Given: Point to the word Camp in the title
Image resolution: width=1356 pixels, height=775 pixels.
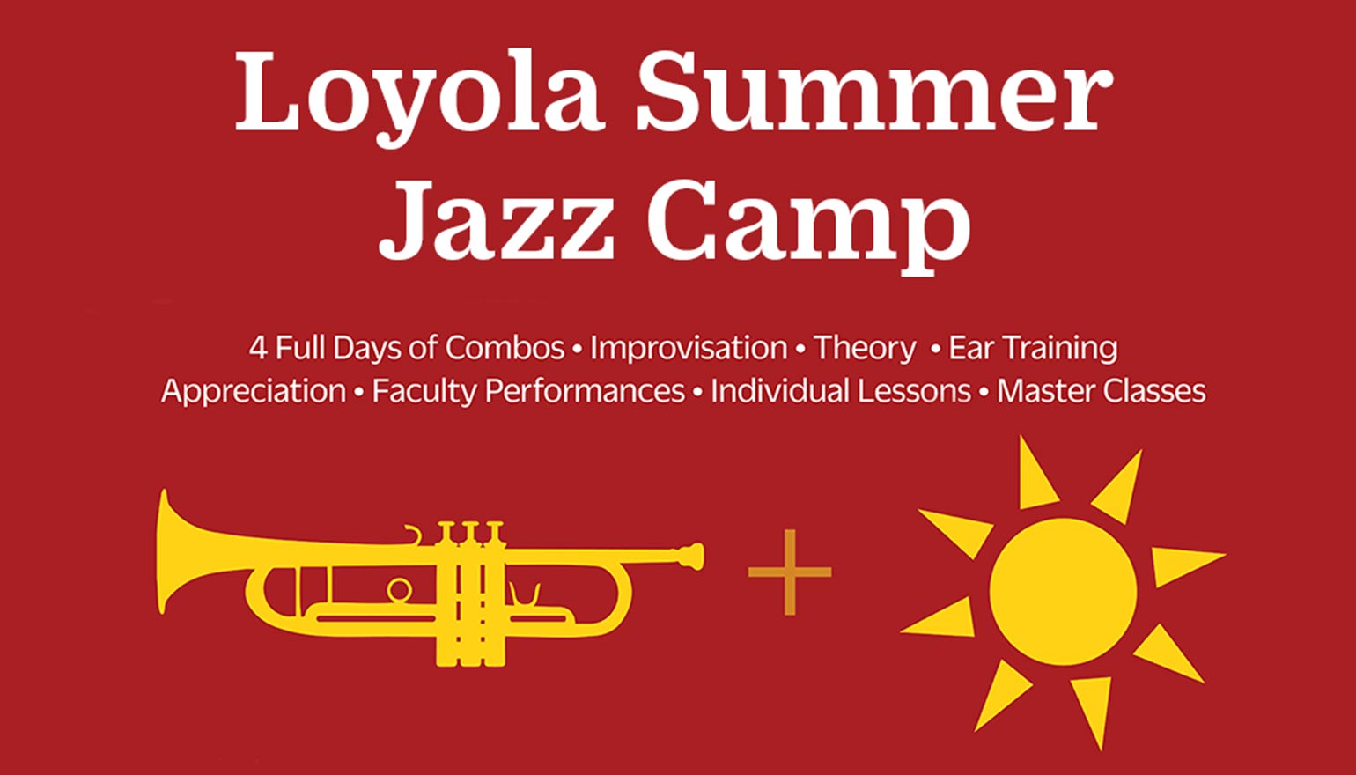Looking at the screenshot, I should point(809,220).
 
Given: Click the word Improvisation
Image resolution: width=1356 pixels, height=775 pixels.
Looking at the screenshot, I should point(689,348).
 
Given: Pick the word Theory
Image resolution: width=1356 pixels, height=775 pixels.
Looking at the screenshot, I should point(864,348).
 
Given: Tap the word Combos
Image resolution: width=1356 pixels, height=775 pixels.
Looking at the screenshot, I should point(505,348).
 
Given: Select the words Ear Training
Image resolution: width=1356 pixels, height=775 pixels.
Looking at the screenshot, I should point(1033,348).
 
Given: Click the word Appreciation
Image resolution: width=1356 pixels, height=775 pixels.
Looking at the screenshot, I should point(254,391).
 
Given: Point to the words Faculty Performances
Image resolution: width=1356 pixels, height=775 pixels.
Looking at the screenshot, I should point(528,391).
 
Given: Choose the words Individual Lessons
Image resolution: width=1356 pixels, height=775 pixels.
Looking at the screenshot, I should point(840,391).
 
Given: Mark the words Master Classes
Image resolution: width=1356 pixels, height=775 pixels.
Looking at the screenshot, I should point(1101,391).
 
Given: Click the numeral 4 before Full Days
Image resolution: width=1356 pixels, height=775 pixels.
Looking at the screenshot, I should point(257,348).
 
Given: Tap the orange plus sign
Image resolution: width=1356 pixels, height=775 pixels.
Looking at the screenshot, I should point(789,572).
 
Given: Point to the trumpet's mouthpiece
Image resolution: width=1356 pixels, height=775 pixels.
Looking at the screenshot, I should point(691,556).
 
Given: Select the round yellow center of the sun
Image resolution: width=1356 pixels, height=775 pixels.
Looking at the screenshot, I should point(1063,591).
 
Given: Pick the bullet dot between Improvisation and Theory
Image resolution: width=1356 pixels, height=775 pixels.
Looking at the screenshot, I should point(800,350).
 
